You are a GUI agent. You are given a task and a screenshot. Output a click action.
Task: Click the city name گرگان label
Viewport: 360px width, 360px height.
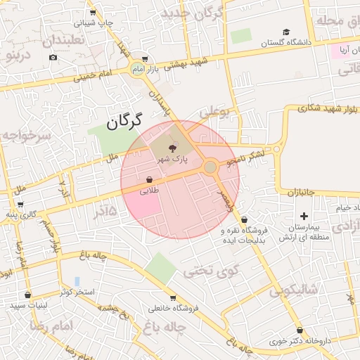[x=125, y=120]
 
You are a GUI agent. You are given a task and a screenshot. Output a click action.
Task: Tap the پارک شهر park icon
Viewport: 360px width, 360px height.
[x=174, y=147]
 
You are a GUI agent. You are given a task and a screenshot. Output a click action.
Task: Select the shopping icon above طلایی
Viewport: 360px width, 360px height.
[x=150, y=179]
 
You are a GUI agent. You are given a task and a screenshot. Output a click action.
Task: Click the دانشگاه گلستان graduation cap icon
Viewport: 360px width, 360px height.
[x=286, y=32]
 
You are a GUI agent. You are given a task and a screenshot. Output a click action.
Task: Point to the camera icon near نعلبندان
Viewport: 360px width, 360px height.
[x=53, y=57]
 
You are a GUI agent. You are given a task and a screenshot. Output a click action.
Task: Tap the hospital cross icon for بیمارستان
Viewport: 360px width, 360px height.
[x=304, y=216]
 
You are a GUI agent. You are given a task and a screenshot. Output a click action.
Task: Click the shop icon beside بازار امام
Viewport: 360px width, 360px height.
[x=145, y=59]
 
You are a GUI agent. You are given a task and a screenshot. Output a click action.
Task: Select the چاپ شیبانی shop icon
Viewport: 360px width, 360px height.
[x=93, y=13]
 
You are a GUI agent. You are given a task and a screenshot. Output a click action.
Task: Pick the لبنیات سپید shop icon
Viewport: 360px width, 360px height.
[x=27, y=295]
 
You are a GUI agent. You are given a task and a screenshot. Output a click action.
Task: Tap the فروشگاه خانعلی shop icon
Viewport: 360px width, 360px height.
[x=174, y=298]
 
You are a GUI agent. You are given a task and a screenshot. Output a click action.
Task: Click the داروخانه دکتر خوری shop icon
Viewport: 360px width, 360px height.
[x=300, y=330]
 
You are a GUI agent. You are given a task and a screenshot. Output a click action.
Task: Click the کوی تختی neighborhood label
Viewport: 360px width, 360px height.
[x=211, y=270]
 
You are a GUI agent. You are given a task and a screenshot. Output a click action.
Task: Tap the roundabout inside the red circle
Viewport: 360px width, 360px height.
[x=210, y=167]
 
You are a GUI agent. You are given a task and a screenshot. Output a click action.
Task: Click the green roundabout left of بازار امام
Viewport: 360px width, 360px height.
[x=136, y=68]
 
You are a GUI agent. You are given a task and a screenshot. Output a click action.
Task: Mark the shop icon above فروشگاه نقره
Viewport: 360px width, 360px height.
[x=244, y=219]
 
